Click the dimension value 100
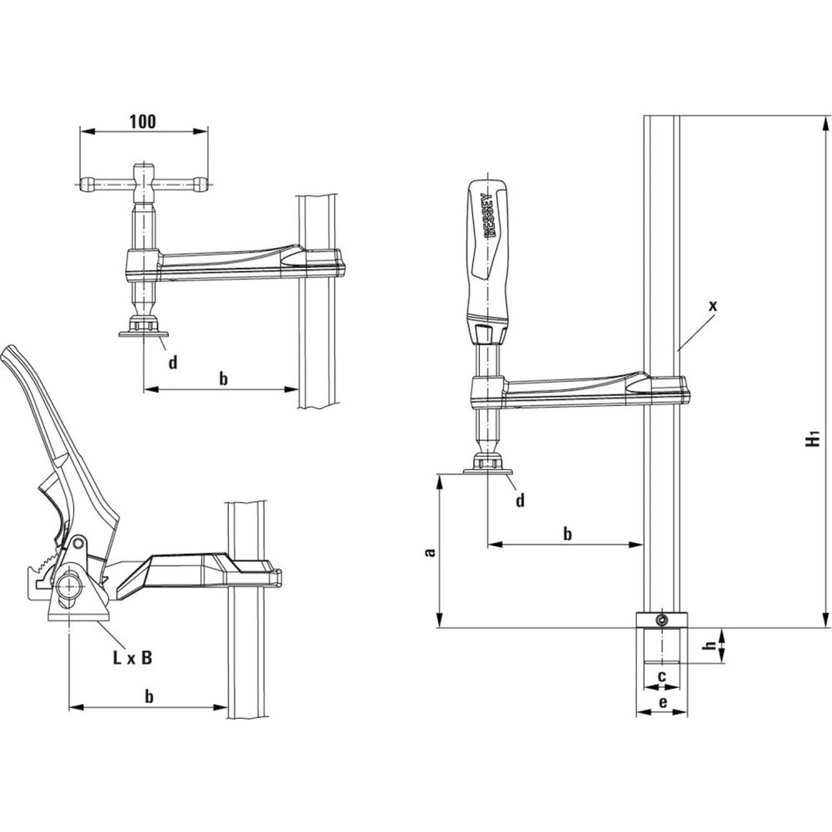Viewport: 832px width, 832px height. click(x=143, y=121)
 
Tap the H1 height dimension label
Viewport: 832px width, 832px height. click(x=811, y=440)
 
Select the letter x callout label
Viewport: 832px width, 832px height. click(x=713, y=306)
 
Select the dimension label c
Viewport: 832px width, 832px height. click(x=662, y=676)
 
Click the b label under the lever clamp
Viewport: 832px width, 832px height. click(x=149, y=696)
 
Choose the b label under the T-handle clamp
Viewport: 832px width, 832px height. click(x=223, y=378)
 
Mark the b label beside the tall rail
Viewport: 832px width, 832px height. click(x=567, y=533)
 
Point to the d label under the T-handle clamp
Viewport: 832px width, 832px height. click(x=173, y=361)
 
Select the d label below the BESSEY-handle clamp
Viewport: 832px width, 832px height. click(x=520, y=501)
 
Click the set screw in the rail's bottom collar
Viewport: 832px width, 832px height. click(x=661, y=620)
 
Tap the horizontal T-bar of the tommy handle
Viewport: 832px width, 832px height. click(x=144, y=184)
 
